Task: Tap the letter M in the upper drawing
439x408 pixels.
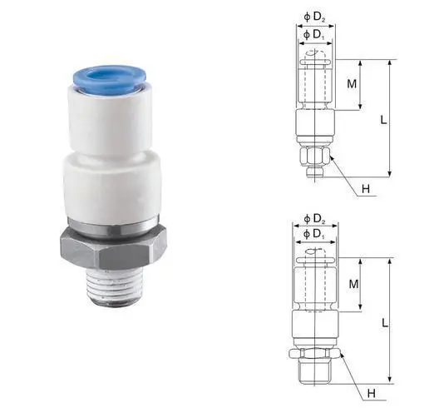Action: click(352, 84)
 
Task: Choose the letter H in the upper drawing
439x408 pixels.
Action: click(364, 188)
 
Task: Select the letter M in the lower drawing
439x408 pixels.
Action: click(353, 284)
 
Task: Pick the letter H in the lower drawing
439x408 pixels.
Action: click(372, 393)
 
